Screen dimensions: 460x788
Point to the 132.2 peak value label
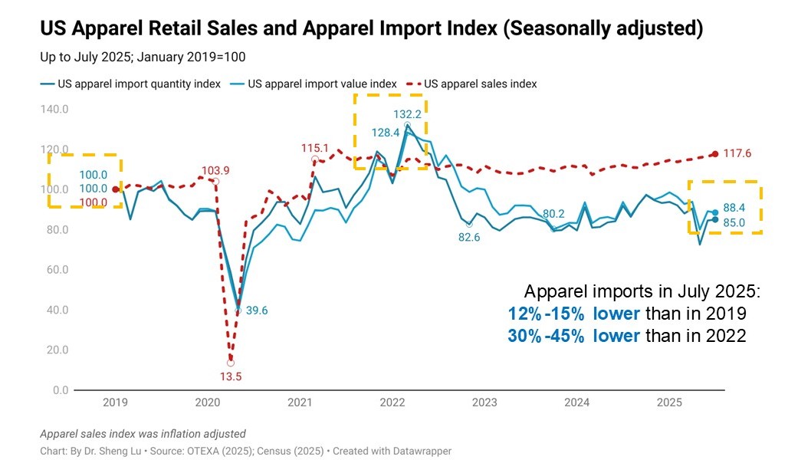tap(408, 114)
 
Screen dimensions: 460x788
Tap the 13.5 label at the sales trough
tap(231, 376)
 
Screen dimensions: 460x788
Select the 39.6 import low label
tap(256, 310)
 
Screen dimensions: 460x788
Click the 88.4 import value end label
tap(735, 208)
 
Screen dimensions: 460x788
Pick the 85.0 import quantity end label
tap(735, 223)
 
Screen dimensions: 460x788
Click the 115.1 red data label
tap(315, 148)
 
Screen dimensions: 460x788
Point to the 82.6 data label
tap(469, 238)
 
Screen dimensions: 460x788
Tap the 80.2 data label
tap(553, 214)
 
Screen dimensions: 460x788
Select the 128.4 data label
tap(386, 133)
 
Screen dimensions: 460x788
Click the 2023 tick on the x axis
tap(484, 402)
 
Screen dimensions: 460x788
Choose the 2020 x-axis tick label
tap(208, 402)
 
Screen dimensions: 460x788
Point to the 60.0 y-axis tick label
tap(55, 270)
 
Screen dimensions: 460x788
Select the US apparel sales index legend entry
tap(480, 84)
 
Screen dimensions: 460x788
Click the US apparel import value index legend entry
tap(321, 84)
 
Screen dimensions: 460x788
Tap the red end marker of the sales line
tap(715, 154)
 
